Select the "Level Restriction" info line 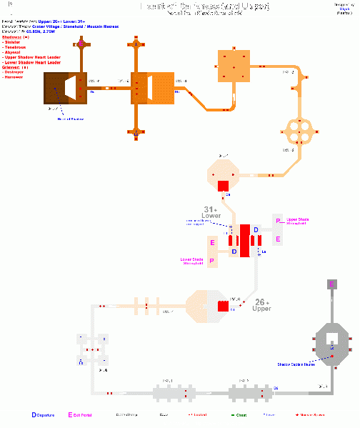coord(43,23)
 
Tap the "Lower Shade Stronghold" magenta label coord(192,261)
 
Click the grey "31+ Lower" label coord(212,212)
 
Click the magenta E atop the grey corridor coord(331,284)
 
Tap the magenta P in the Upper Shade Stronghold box coord(278,221)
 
